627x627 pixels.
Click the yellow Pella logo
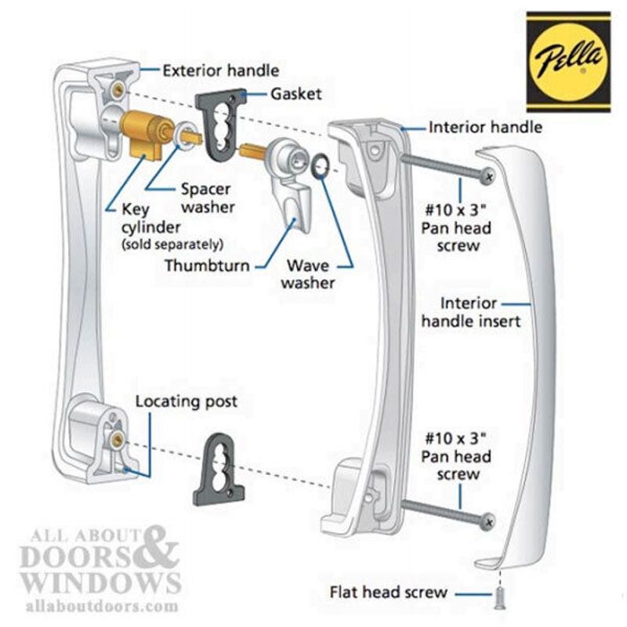tap(568, 62)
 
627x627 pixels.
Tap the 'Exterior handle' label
tap(221, 71)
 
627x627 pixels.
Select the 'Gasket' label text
tap(296, 94)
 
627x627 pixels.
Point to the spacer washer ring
tap(183, 135)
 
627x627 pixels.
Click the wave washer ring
tap(320, 167)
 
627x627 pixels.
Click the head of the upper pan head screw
tap(487, 176)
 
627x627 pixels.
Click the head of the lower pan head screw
tap(487, 521)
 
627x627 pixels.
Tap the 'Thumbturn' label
tap(207, 266)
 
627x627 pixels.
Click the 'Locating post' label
tap(187, 401)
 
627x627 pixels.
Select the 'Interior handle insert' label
tap(471, 312)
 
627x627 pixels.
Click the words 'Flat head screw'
tap(388, 593)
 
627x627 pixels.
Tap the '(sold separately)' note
tap(172, 245)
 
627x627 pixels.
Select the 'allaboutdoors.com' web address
tap(102, 606)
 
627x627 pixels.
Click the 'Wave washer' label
tap(308, 274)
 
